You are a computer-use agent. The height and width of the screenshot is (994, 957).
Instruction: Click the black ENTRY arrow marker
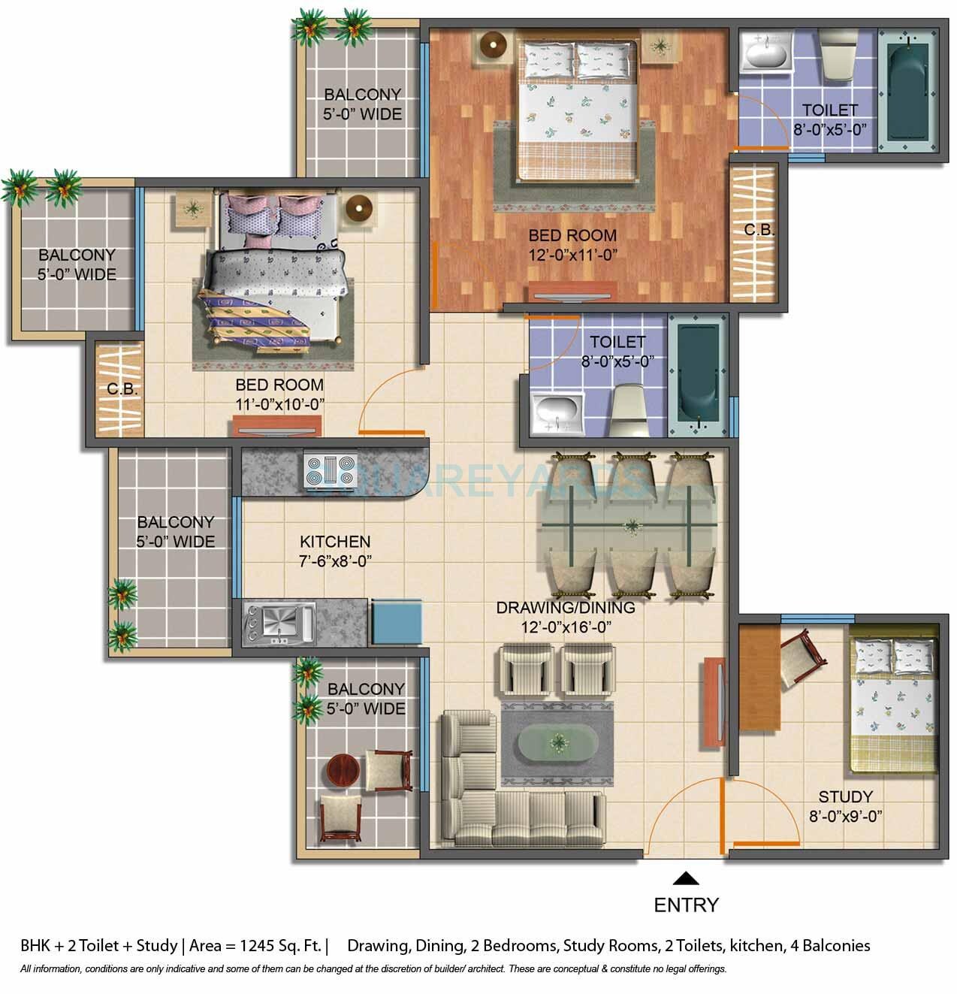[x=685, y=878]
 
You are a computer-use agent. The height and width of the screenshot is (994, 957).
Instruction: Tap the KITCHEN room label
[x=335, y=541]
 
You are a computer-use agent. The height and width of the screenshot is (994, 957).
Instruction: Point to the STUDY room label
[x=845, y=796]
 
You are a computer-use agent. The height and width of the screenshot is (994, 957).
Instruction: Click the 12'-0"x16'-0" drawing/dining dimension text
[x=565, y=627]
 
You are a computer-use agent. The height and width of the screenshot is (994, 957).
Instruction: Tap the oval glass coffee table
[x=557, y=744]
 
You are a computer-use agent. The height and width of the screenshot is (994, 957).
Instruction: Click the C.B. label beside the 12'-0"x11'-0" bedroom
[x=759, y=230]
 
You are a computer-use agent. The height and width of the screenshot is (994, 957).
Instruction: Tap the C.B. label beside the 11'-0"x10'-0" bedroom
[x=121, y=389]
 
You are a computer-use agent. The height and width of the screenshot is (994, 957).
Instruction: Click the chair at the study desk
[x=797, y=657]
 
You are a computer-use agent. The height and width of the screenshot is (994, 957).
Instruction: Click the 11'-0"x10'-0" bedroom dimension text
[x=279, y=404]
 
